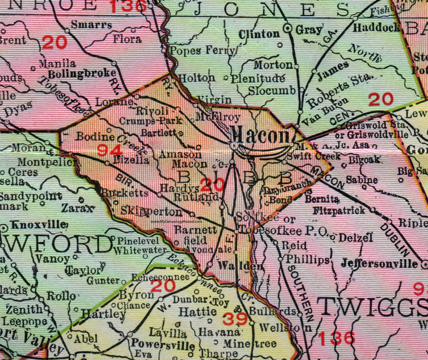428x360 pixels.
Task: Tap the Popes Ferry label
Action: [x=203, y=51]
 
